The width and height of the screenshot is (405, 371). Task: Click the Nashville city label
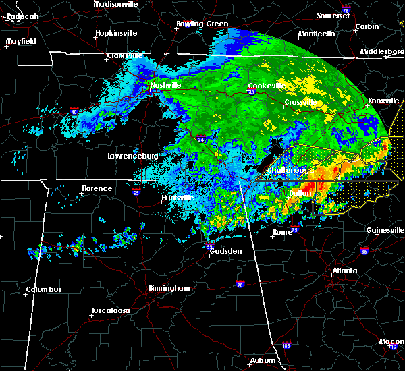[165, 85]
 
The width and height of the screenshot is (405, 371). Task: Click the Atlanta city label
[345, 272]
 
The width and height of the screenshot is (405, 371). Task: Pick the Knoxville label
[383, 101]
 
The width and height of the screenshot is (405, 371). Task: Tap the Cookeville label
[264, 86]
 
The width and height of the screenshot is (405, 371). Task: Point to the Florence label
[97, 188]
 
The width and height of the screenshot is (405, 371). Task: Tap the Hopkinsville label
[116, 33]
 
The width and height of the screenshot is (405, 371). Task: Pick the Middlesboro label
[382, 51]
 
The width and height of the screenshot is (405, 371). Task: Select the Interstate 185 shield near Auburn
[287, 346]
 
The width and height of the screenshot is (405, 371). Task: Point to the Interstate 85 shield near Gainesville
[364, 252]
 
